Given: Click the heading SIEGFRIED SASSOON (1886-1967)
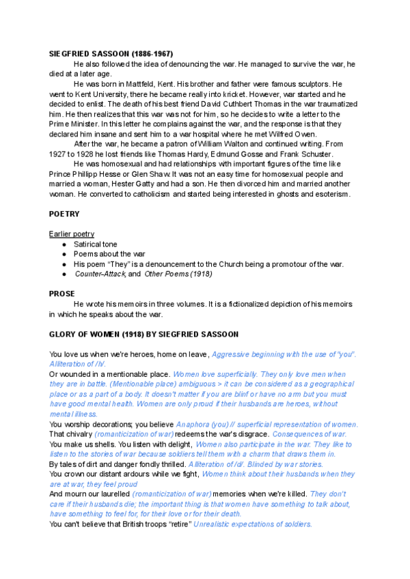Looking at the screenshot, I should point(111,53).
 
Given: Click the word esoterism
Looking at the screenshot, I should point(327,195).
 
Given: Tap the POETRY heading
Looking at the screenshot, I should point(65,214).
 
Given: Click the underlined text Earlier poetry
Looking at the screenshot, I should point(72,234).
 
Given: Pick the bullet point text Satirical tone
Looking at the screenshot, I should point(100,244).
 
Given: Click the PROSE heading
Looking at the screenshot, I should point(62,294).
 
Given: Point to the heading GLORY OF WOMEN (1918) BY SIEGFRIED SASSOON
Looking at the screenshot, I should point(153,335).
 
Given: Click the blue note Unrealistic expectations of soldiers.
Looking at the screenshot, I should point(253,524).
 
